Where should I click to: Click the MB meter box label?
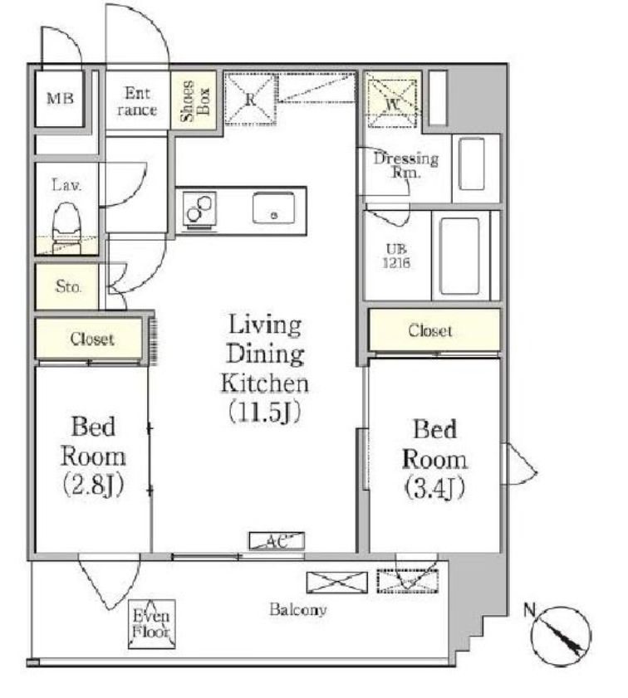point(60,98)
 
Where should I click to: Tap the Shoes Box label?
point(194,100)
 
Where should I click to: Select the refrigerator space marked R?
point(250,99)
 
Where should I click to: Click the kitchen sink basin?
point(273,207)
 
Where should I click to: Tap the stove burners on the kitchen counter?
point(199,208)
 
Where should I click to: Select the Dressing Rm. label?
point(405,164)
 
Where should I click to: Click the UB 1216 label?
point(396,256)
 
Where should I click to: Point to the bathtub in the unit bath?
point(459,256)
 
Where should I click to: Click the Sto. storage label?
point(68,286)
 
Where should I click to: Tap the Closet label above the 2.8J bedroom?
point(91,339)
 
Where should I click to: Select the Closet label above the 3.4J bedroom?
point(430,330)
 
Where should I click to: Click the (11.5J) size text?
point(265,412)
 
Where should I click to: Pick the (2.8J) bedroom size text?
point(93,485)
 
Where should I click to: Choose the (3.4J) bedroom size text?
point(434,488)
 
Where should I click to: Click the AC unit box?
point(277,541)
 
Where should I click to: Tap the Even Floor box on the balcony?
point(151,624)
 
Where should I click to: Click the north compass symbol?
point(562,635)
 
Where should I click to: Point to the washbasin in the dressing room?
point(472,164)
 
